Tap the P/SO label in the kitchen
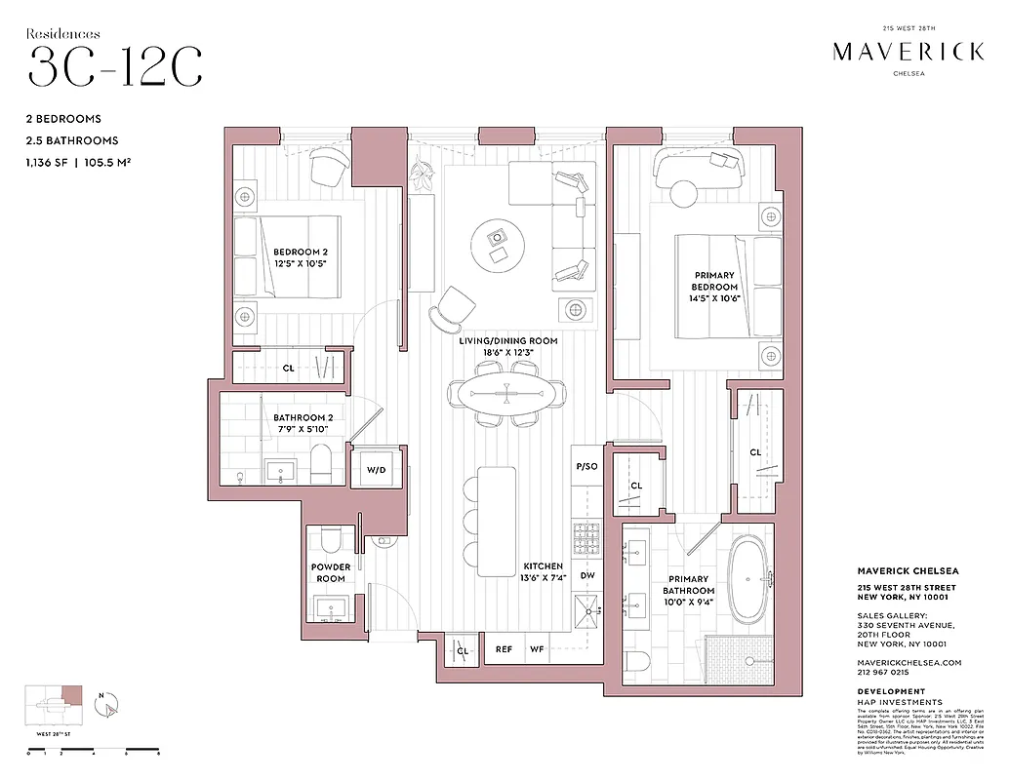(586, 467)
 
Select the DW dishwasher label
(586, 575)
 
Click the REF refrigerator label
(504, 649)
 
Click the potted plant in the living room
(424, 175)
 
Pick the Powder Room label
(330, 572)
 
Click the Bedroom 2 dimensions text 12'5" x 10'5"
(300, 262)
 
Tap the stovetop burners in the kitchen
(586, 537)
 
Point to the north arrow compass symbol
(110, 703)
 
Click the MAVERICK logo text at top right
(908, 52)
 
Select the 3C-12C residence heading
(115, 66)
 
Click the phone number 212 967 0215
(882, 672)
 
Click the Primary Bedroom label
(714, 281)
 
